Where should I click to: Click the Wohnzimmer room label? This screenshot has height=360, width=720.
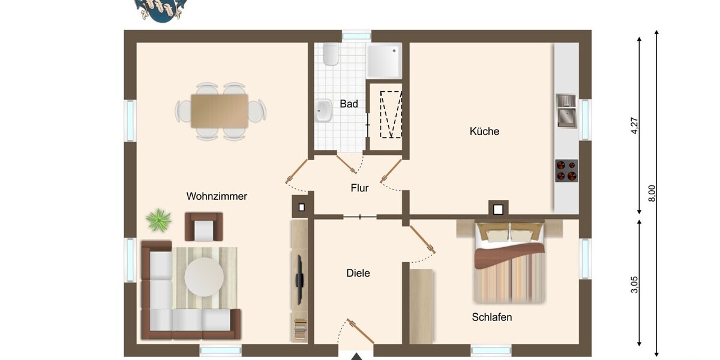[x=217, y=196]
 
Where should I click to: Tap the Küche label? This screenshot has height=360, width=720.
[x=484, y=131]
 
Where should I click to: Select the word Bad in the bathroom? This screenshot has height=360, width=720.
[x=349, y=104]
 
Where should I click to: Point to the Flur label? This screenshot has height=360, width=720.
[x=359, y=188]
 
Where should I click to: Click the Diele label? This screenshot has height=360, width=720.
[x=358, y=273]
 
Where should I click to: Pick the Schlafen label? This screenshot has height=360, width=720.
[x=492, y=317]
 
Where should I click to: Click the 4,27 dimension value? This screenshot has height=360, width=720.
[x=635, y=125]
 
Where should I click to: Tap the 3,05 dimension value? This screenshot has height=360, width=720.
[x=635, y=284]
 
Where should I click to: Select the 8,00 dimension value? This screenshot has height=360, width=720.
[x=652, y=193]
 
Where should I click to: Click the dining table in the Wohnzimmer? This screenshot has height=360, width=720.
[x=220, y=111]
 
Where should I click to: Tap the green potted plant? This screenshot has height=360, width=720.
[x=158, y=220]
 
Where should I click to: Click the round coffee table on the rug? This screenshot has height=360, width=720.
[x=204, y=277]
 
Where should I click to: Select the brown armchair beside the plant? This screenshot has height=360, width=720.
[x=204, y=227]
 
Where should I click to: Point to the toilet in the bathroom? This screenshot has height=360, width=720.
[x=331, y=54]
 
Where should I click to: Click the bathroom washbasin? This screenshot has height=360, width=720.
[x=323, y=111]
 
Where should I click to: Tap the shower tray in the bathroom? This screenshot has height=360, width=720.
[x=384, y=61]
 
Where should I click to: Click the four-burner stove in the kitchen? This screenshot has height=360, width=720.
[x=566, y=170]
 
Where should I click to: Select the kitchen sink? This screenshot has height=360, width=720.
[x=566, y=110]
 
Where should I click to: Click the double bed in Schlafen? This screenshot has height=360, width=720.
[x=510, y=262]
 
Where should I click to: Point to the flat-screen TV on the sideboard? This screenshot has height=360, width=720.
[x=299, y=280]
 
